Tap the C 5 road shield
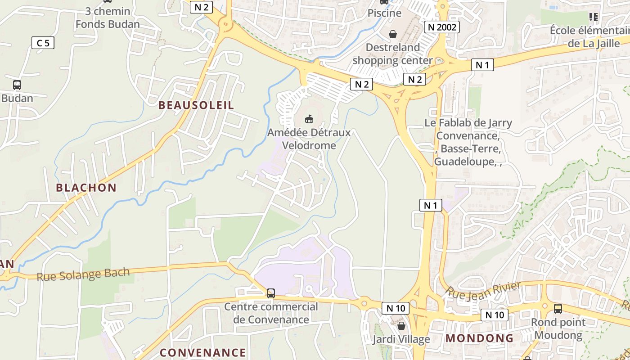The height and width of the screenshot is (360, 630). (43, 43)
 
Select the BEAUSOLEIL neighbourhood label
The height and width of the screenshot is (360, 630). (196, 105)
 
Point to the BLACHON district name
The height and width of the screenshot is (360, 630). (86, 188)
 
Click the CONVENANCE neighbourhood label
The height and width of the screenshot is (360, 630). (203, 352)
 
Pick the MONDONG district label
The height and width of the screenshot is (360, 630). (479, 338)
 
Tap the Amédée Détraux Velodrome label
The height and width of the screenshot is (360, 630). (309, 139)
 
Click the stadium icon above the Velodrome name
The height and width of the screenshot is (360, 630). (309, 119)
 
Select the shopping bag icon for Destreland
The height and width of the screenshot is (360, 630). (393, 34)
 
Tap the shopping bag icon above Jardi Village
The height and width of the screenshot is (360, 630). (401, 325)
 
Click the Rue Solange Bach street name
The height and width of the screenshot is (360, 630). (83, 274)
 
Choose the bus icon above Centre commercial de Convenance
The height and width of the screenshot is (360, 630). (271, 293)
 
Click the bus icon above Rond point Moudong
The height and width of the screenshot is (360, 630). (558, 309)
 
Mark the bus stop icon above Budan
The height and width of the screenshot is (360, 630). (17, 85)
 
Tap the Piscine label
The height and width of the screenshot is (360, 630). (384, 13)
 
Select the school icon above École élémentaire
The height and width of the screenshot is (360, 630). (593, 17)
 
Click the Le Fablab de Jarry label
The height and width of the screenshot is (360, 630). (468, 123)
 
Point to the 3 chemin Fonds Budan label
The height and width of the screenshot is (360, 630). (108, 18)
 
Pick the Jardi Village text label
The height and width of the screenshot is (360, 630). (401, 339)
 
